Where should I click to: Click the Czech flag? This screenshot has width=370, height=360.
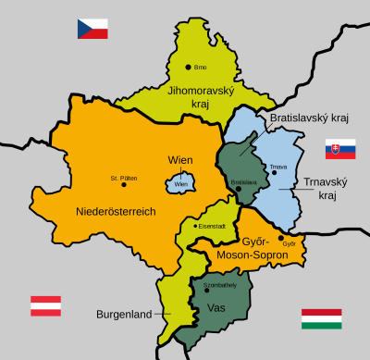coord(92,29)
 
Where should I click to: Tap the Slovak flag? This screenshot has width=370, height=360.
coord(340,149)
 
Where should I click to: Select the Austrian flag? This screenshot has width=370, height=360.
coord(46,306)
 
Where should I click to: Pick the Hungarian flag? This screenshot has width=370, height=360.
coord(321,319)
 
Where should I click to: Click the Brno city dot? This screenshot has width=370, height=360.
coord(188,67)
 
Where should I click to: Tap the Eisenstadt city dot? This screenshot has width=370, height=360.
coord(195,226)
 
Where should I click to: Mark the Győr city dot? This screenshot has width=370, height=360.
coord(281,238)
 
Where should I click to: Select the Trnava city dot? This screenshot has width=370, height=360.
coord(271,174)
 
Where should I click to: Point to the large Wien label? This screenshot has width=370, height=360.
coord(180,160)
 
